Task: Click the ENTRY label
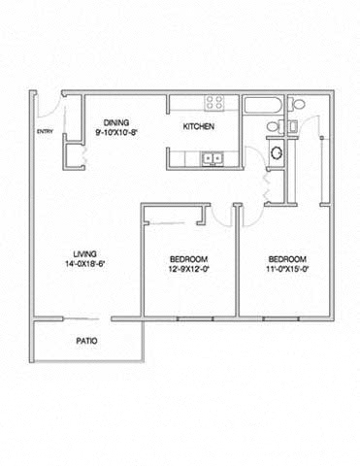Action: [45, 132]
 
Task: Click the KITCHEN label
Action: [200, 127]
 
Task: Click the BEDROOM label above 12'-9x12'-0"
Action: [187, 258]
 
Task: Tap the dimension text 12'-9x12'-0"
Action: [187, 269]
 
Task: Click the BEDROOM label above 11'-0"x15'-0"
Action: [287, 258]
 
